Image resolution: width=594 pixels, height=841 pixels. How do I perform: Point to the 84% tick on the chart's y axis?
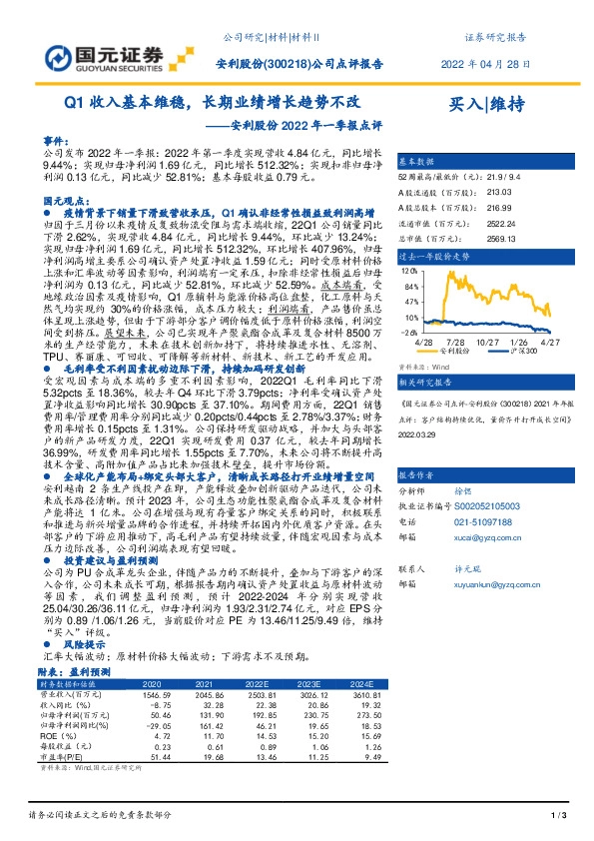coord(408,285)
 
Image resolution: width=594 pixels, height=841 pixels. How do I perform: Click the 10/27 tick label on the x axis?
coord(490,341)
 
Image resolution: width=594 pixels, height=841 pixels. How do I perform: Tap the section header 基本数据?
coord(417,160)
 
